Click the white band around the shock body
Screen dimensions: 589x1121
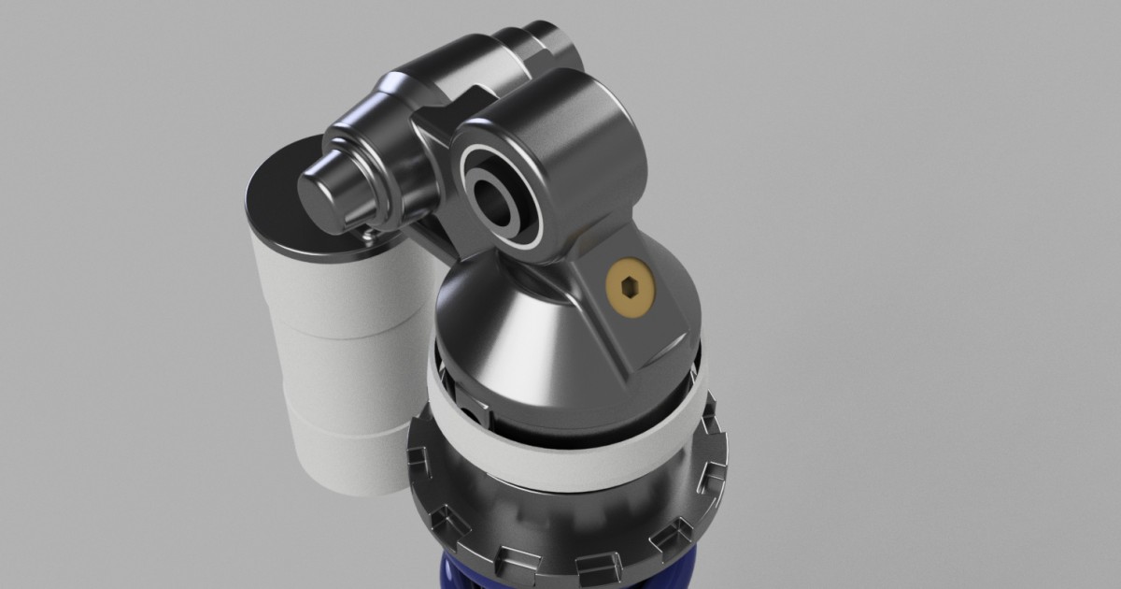(560, 458)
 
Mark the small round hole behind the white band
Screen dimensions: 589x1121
(475, 411)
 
